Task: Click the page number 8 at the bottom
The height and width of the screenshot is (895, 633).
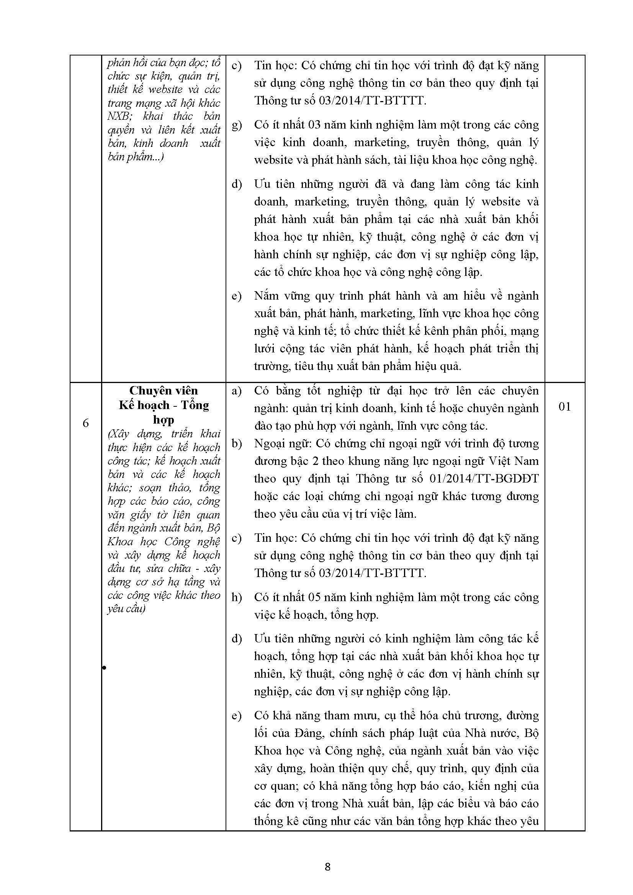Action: coord(327,866)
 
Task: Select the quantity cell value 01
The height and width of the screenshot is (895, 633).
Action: coord(564,407)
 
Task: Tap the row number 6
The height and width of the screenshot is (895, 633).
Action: coord(86,423)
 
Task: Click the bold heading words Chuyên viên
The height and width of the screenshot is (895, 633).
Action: coord(164,391)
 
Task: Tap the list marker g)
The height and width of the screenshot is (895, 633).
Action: coord(237,125)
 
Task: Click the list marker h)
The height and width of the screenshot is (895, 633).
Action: coord(237,597)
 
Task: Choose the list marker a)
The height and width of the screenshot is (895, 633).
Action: coord(237,391)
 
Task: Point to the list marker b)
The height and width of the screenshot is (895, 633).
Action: coord(237,443)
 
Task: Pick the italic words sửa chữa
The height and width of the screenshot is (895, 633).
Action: coord(173,568)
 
